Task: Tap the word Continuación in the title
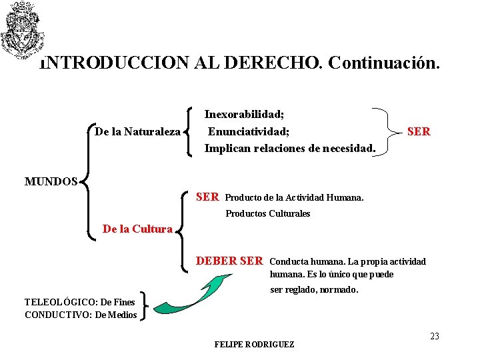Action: [x=384, y=63]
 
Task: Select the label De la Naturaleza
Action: [x=137, y=132]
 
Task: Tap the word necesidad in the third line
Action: [x=345, y=148]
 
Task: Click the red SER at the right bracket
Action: [x=419, y=132]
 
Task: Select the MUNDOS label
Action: [x=51, y=181]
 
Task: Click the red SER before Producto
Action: [x=207, y=197]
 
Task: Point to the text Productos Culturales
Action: [x=268, y=214]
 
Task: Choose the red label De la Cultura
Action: [x=137, y=229]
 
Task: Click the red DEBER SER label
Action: [x=229, y=261]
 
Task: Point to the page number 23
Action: [x=435, y=336]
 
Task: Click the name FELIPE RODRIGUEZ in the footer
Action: [x=254, y=345]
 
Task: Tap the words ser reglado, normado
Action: [x=314, y=290]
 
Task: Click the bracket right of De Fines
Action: [x=147, y=308]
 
